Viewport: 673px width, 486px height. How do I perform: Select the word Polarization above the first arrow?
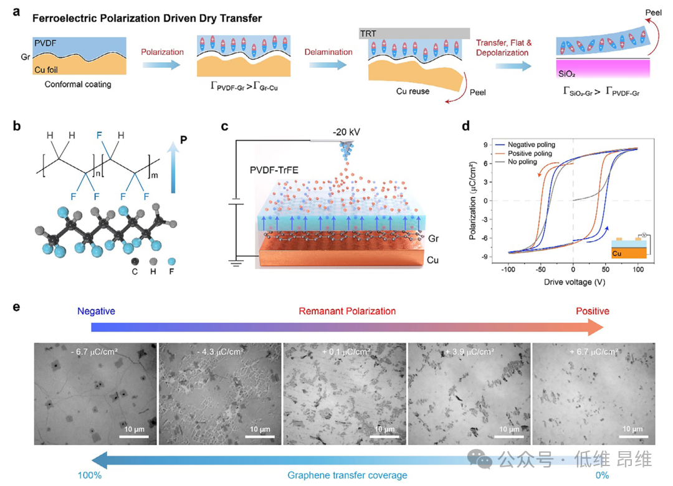pyautogui.click(x=163, y=52)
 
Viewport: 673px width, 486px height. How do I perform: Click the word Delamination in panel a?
pyautogui.click(x=328, y=52)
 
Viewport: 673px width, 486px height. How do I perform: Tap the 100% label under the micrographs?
pyautogui.click(x=90, y=475)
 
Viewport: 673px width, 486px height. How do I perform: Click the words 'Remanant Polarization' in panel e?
pyautogui.click(x=347, y=311)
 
